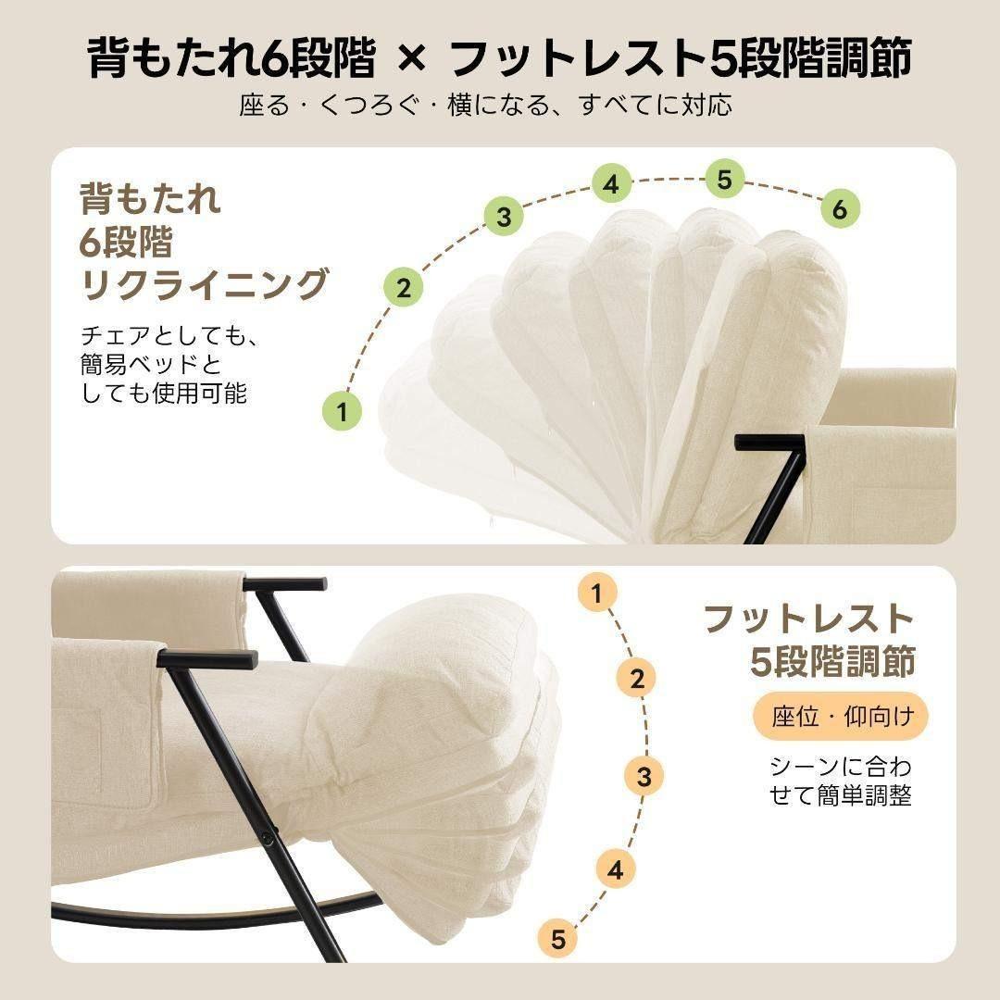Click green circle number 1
[344, 410]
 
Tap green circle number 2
[404, 288]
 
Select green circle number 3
[504, 218]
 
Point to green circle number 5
[724, 180]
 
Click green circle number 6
[839, 209]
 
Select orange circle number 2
[637, 679]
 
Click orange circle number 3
[644, 776]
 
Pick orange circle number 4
[616, 869]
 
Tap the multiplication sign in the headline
[413, 60]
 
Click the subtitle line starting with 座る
[485, 105]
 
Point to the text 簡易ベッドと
[151, 363]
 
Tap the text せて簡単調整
[840, 795]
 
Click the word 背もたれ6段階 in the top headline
[231, 59]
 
